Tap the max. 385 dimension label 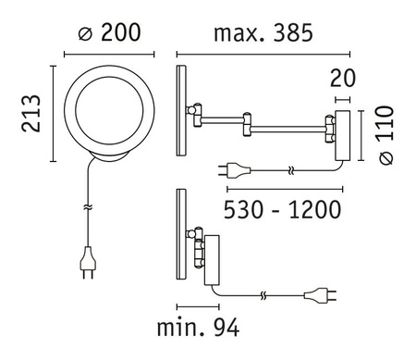click(x=263, y=33)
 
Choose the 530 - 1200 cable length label click(x=284, y=209)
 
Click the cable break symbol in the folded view click(x=264, y=297)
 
